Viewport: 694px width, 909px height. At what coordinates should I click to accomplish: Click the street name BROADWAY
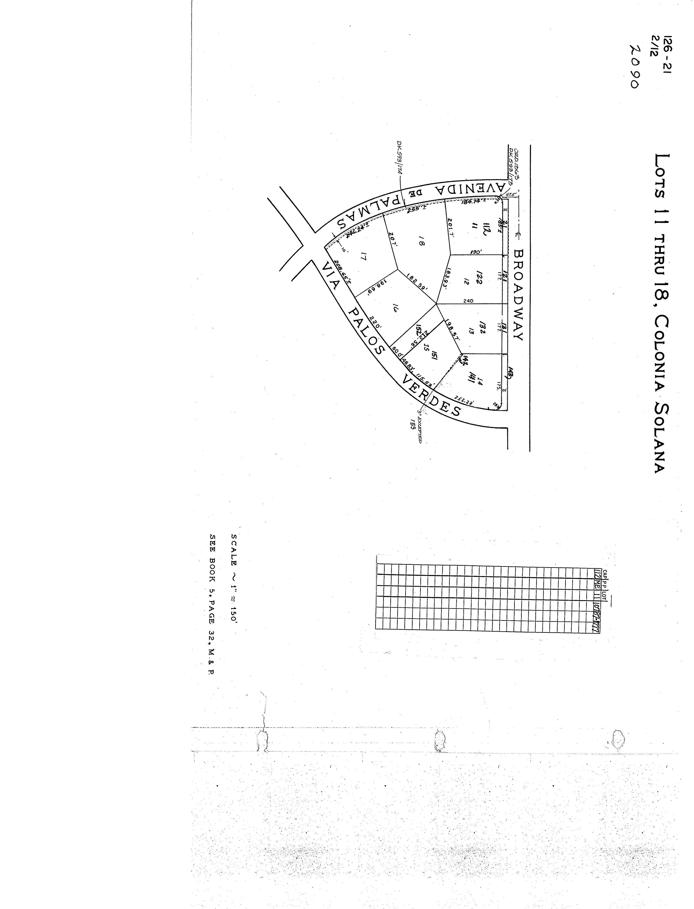coord(519,295)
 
